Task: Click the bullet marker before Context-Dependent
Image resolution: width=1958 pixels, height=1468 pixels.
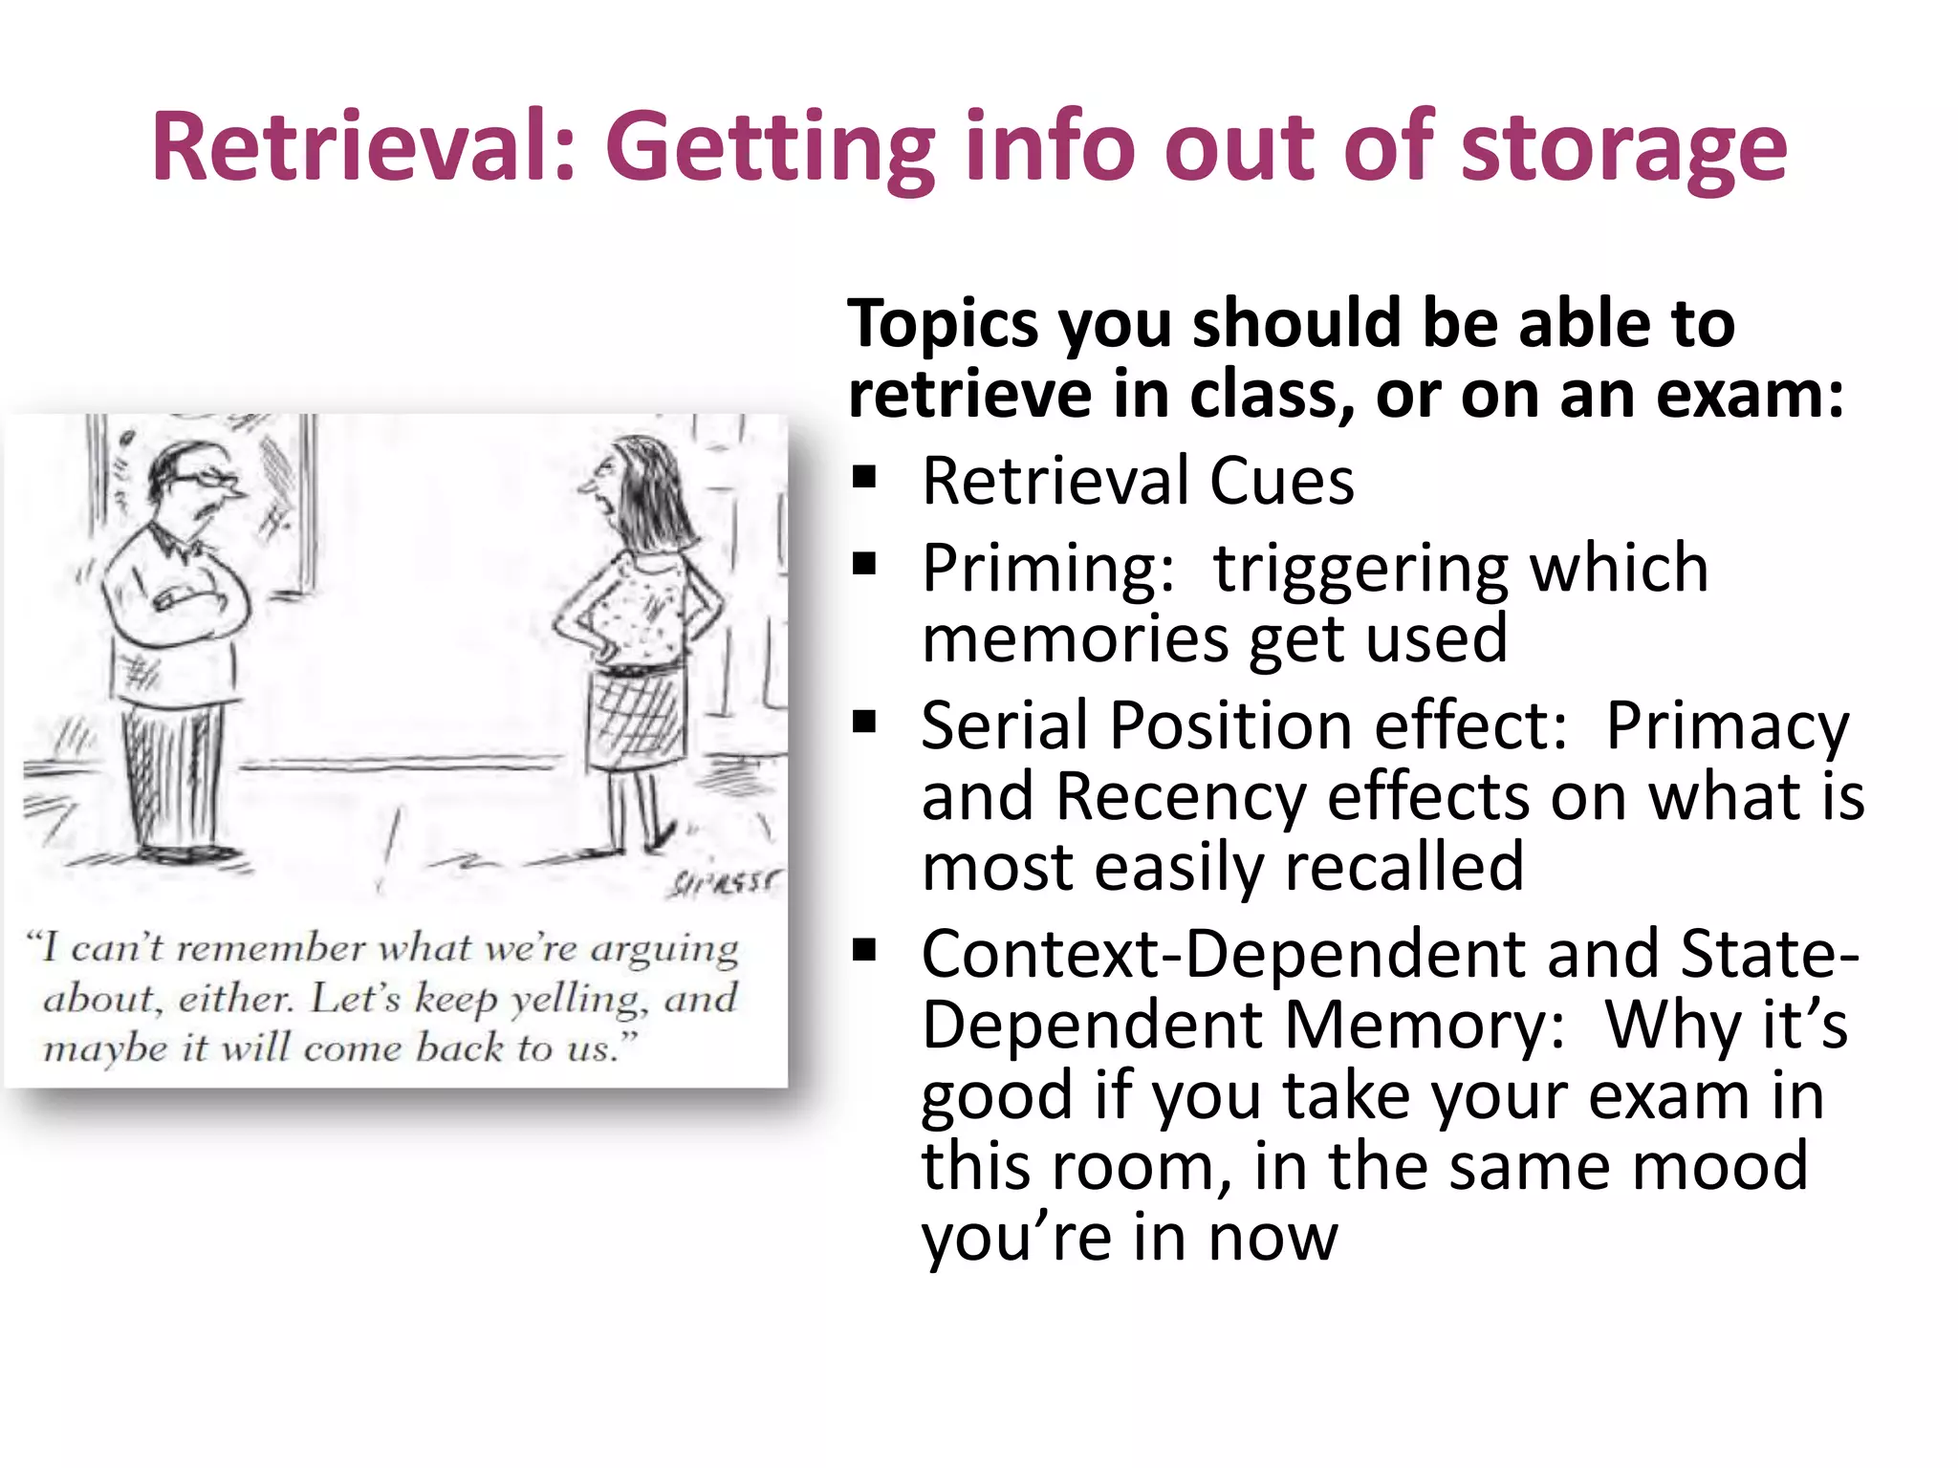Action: coord(864,950)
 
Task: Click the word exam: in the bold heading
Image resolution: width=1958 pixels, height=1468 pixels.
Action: coord(1750,395)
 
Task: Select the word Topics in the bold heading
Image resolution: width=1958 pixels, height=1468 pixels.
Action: coord(943,325)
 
